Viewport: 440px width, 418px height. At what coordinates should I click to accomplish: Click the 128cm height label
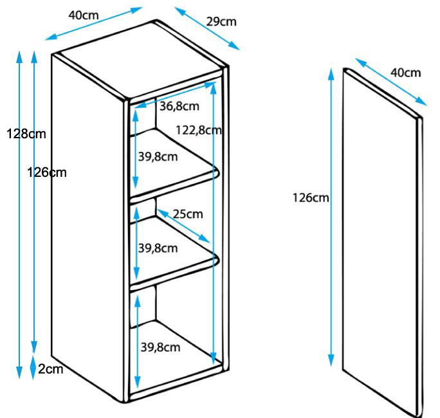click(x=26, y=134)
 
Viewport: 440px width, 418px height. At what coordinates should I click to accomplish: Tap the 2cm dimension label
click(x=51, y=369)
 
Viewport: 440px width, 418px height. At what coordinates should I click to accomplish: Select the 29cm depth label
click(x=221, y=22)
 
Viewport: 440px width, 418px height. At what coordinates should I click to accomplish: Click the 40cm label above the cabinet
click(x=84, y=15)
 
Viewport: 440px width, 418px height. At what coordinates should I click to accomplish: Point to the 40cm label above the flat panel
click(x=406, y=73)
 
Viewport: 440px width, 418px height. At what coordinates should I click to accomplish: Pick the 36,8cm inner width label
click(x=179, y=106)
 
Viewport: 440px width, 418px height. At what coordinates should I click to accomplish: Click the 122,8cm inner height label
click(x=199, y=130)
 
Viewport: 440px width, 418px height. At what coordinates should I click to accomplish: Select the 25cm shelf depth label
click(x=188, y=214)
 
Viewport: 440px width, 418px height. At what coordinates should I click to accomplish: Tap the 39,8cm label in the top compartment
click(x=158, y=157)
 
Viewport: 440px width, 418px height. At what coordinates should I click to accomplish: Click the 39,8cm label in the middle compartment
click(x=158, y=248)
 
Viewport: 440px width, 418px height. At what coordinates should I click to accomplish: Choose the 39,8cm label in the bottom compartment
click(x=160, y=347)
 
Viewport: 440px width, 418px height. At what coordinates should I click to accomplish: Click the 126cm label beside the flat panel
click(x=311, y=198)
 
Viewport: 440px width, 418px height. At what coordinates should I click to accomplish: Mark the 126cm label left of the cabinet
click(x=47, y=172)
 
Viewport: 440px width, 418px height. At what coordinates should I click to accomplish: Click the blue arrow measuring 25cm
click(x=183, y=226)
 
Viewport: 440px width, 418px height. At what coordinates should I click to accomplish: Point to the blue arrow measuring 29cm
click(x=207, y=28)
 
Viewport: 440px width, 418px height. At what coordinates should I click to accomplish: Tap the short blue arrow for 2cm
click(x=33, y=367)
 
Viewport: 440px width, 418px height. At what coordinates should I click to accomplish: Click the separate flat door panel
click(x=383, y=242)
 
